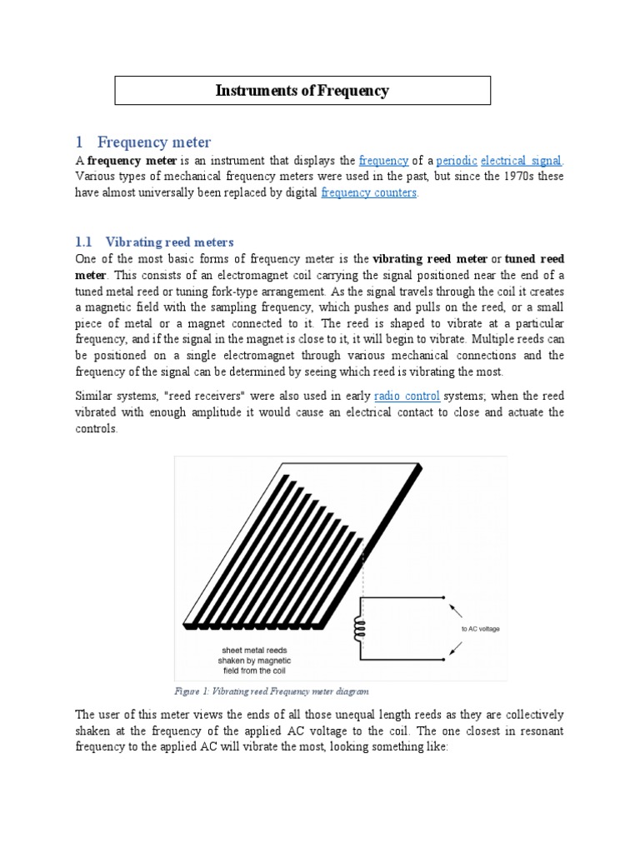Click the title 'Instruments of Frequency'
[302, 91]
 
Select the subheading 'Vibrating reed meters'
[170, 242]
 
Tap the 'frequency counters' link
[368, 192]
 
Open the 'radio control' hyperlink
[407, 396]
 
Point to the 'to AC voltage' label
[481, 629]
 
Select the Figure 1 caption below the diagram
[271, 691]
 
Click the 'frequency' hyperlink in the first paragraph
[383, 161]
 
